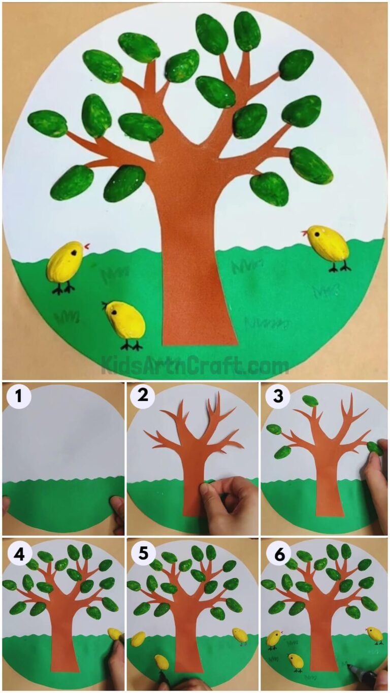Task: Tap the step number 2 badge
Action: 143,395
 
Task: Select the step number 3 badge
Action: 277,397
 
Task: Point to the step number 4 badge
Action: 18,554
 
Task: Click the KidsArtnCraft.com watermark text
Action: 195,365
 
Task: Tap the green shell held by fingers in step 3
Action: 375,448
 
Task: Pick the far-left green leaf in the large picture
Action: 47,123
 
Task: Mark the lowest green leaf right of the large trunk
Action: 269,188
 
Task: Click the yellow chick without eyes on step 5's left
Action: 138,639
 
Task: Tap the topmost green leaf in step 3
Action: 310,401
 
